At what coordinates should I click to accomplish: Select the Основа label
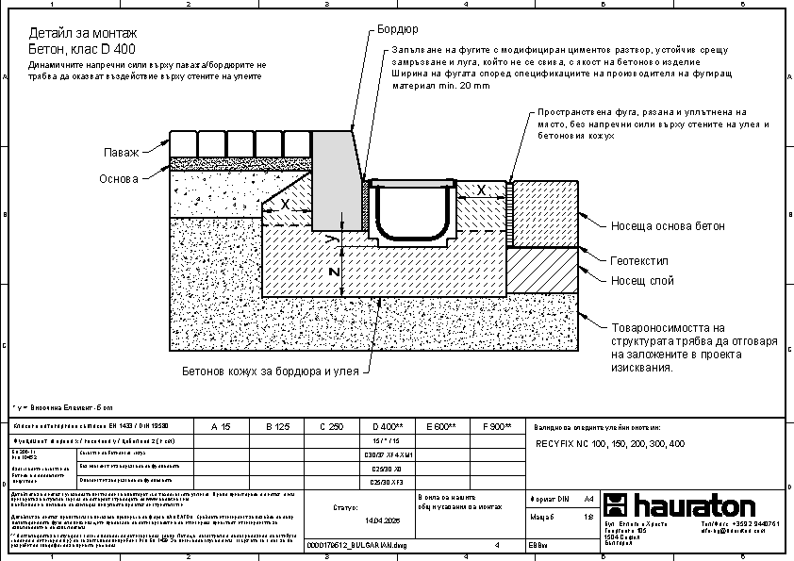tap(119, 178)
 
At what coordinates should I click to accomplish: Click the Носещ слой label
tap(641, 280)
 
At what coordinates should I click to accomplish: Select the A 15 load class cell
tap(220, 427)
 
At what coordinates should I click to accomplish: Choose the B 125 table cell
tap(277, 427)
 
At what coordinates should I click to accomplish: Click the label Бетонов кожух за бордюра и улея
tap(271, 371)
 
